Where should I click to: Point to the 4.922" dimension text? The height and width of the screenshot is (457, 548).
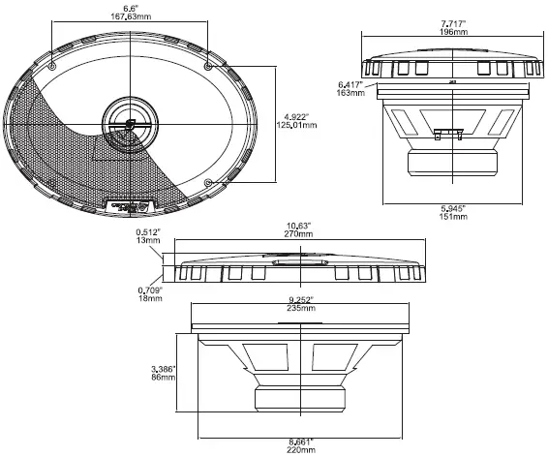tap(295, 114)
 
